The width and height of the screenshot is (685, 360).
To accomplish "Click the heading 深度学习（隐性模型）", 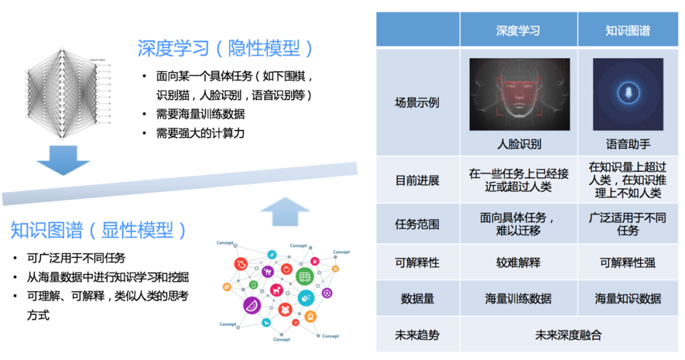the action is [226, 48].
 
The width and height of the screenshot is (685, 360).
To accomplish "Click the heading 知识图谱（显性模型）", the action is [99, 230].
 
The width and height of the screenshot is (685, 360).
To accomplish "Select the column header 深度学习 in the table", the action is [518, 30].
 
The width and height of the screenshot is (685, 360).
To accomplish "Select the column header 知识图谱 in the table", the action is [627, 30].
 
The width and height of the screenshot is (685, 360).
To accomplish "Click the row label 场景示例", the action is [417, 103].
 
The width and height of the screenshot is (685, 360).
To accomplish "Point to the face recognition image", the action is [519, 94].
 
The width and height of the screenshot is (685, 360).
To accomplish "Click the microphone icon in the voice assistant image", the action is [628, 94].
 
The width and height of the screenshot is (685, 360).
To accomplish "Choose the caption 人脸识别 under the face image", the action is [518, 144].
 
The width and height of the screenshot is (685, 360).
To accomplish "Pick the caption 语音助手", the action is [627, 144].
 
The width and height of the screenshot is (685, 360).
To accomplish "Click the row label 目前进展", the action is [417, 180].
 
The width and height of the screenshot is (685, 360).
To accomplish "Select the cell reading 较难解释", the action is [518, 262].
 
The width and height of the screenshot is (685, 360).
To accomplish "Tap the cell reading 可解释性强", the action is [627, 262].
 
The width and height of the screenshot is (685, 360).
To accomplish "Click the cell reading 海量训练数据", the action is [518, 298].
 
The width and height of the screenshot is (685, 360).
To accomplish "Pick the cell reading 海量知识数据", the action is [627, 298].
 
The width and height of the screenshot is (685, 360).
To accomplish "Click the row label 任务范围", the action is [417, 224].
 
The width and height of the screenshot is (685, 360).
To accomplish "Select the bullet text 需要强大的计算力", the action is [200, 133].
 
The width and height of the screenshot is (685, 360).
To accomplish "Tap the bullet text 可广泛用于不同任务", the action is [76, 258].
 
